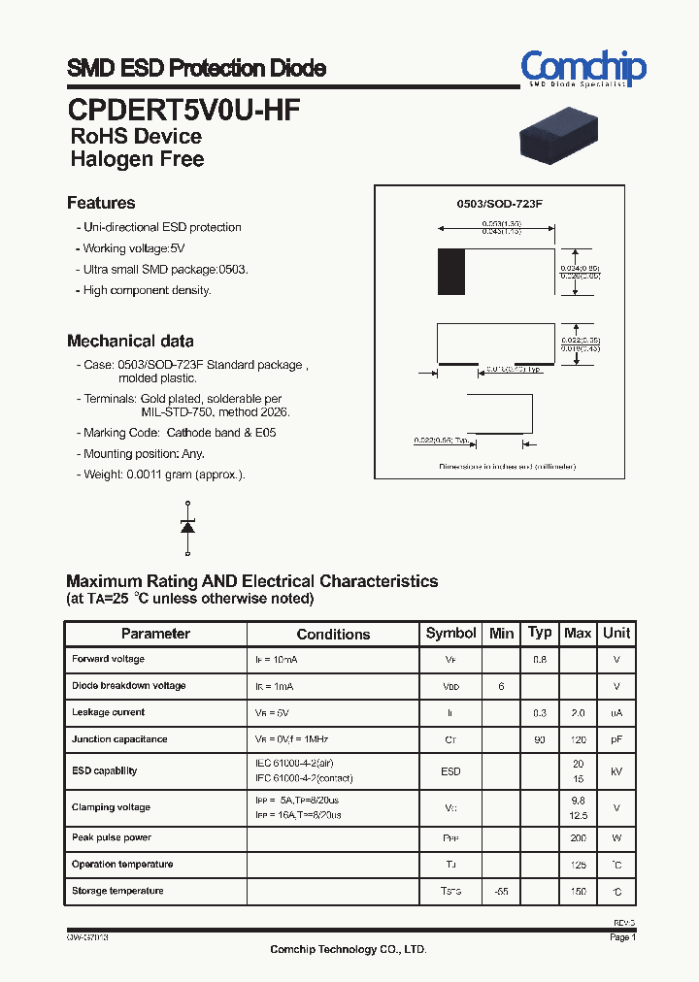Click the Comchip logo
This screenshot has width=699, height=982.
click(x=582, y=69)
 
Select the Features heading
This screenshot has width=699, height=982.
click(x=101, y=203)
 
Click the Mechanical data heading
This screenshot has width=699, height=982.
click(x=130, y=341)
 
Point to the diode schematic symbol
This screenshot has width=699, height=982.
click(x=188, y=525)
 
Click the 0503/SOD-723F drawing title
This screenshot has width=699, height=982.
click(x=499, y=205)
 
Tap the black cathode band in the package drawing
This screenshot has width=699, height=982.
click(x=450, y=272)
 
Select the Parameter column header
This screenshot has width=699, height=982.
click(x=155, y=634)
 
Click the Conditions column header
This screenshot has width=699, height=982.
click(x=333, y=635)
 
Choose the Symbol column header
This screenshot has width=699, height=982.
click(x=451, y=634)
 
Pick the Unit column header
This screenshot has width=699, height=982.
click(x=616, y=634)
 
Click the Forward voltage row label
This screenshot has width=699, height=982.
click(x=108, y=660)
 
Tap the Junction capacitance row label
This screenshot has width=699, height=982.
click(x=119, y=739)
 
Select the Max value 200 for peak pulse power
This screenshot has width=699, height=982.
click(x=579, y=837)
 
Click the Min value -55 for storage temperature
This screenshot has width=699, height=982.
click(x=501, y=891)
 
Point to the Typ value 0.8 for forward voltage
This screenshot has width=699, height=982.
click(x=540, y=660)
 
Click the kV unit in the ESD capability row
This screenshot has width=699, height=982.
click(x=616, y=771)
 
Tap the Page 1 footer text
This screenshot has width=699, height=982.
click(x=622, y=938)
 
